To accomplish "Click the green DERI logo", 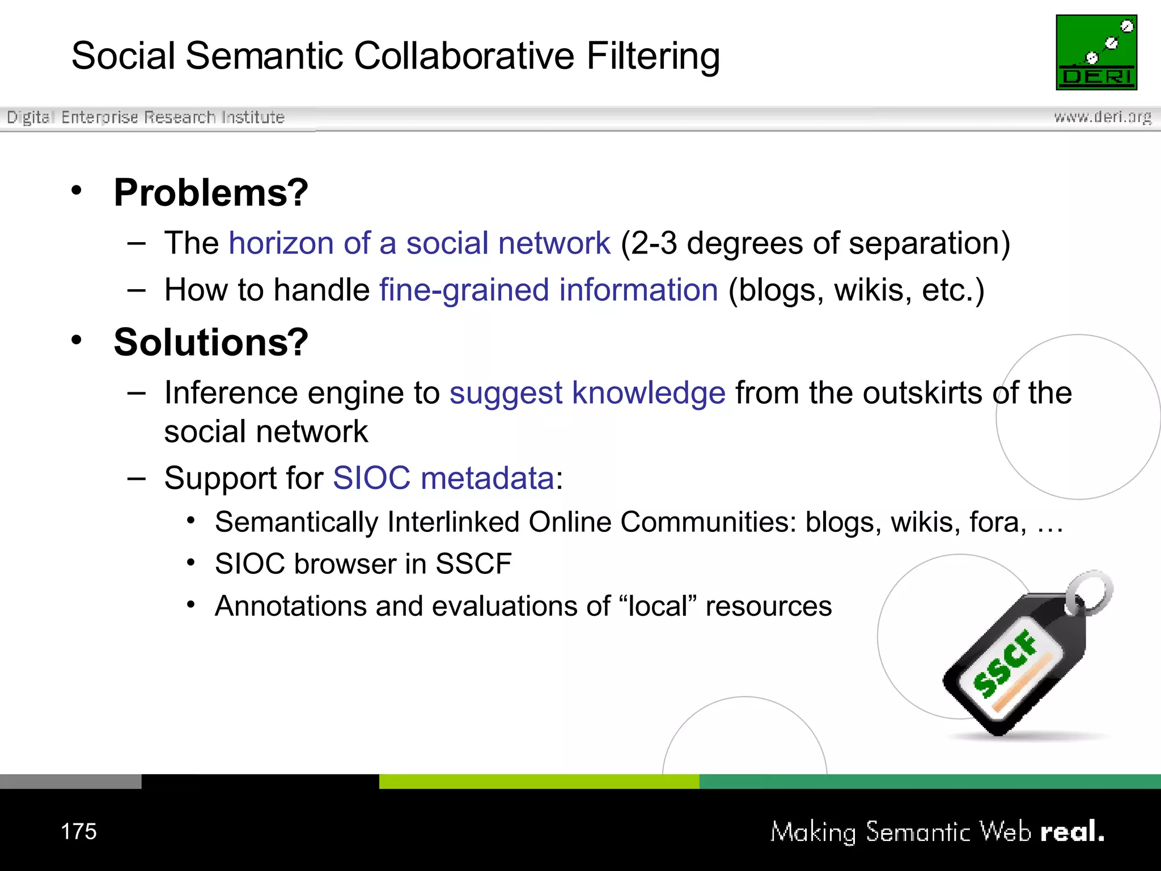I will tap(1096, 52).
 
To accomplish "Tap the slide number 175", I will tap(79, 831).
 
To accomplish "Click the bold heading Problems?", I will tap(211, 193).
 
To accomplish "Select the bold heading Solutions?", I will tap(211, 343).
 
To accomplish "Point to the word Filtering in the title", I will tap(653, 56).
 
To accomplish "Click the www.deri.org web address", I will tap(1103, 117).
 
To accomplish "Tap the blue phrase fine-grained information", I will tap(549, 290).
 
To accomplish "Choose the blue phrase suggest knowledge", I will tap(587, 392).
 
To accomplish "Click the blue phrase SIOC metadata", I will tap(443, 477).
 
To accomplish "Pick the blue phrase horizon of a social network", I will tap(420, 243).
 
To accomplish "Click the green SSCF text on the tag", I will tap(1005, 663).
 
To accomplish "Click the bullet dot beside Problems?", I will tap(77, 191).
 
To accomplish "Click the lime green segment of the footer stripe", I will tap(539, 781).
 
